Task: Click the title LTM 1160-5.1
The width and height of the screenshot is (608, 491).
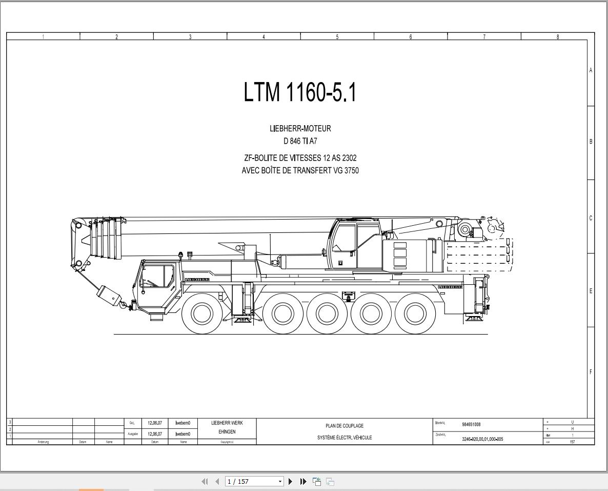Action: pos(300,93)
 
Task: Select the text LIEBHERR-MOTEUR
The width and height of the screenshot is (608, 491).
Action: pos(300,129)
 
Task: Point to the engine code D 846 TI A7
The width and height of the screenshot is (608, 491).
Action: pos(300,141)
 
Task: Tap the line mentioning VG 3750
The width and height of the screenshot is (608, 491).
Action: pos(300,171)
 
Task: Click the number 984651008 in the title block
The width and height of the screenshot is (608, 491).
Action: pos(471,424)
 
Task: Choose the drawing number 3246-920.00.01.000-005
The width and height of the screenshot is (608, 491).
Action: pos(482,439)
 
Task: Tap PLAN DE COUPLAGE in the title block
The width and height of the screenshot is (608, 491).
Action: pos(344,426)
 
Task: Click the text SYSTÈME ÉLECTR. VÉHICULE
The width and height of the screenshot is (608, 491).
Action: pos(344,438)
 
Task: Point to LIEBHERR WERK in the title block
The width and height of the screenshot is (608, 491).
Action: pos(227,423)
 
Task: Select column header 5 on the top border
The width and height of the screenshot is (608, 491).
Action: pos(337,36)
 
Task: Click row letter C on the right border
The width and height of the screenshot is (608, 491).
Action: pos(591,218)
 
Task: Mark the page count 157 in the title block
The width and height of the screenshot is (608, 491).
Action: pos(572,442)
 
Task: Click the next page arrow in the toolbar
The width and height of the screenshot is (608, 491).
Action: pos(291,481)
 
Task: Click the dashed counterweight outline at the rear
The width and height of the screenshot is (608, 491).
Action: pos(479,255)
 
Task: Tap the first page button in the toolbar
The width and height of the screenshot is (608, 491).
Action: pos(205,481)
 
